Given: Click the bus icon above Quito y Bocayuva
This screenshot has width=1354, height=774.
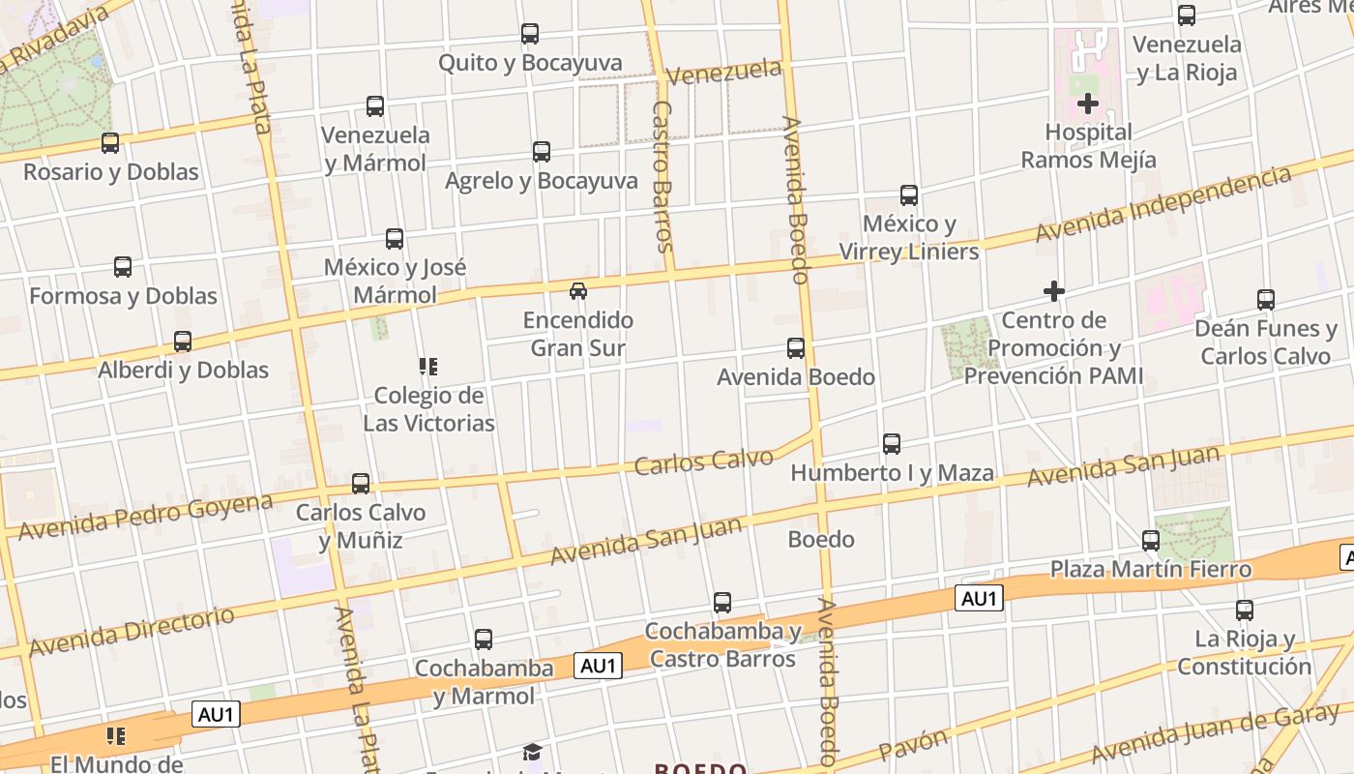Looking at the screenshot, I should (x=530, y=34).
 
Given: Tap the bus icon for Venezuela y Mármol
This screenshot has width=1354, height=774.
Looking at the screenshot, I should (x=375, y=106).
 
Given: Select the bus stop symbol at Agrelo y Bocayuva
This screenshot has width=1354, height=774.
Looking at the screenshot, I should (x=542, y=152).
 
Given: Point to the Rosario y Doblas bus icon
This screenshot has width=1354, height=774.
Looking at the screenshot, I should (x=110, y=143).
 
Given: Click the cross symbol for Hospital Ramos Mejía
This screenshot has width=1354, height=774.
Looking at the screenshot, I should (x=1088, y=103).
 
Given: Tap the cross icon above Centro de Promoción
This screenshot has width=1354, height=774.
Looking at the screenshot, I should (x=1054, y=290).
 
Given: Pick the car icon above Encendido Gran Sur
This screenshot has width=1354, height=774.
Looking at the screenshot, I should (x=578, y=290).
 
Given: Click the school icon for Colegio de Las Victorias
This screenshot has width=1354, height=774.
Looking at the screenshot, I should (x=428, y=367).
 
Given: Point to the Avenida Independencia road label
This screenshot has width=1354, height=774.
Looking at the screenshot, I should (x=1163, y=205).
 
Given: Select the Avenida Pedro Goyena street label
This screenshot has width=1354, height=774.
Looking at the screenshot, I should (x=145, y=516).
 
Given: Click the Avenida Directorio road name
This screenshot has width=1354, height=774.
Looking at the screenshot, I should (x=132, y=630).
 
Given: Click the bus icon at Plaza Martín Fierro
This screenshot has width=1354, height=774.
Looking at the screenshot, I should (x=1151, y=541).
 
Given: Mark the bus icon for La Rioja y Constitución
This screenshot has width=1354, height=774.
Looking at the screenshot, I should (x=1245, y=610).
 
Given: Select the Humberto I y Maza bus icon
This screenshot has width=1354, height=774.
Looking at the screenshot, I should (x=892, y=444).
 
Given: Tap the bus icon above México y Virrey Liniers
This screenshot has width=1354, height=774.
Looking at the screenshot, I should (x=909, y=195).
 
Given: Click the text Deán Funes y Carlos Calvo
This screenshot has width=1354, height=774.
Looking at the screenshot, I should (x=1265, y=342).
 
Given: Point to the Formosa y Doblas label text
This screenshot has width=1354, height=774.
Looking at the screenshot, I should (x=123, y=295).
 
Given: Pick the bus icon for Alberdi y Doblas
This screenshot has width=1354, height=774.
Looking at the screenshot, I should (x=183, y=342).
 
